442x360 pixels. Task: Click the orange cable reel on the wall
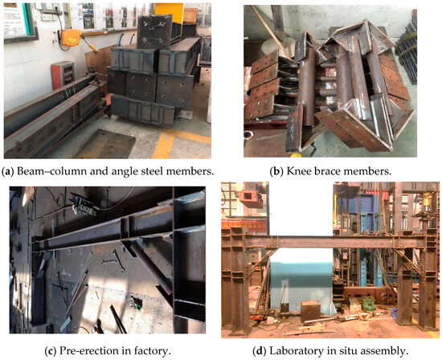pos(72,37)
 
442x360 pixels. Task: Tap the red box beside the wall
pos(63,75)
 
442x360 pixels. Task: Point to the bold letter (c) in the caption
pos(51,351)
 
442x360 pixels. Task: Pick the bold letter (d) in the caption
pos(260,351)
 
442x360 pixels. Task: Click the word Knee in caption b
pos(297,172)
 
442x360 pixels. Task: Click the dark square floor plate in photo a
pos(104,143)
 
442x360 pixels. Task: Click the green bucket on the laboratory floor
pos(367,304)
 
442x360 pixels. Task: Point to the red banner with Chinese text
pos(244,225)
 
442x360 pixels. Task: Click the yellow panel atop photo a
pos(170,12)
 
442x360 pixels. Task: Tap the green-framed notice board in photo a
pos(19,22)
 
